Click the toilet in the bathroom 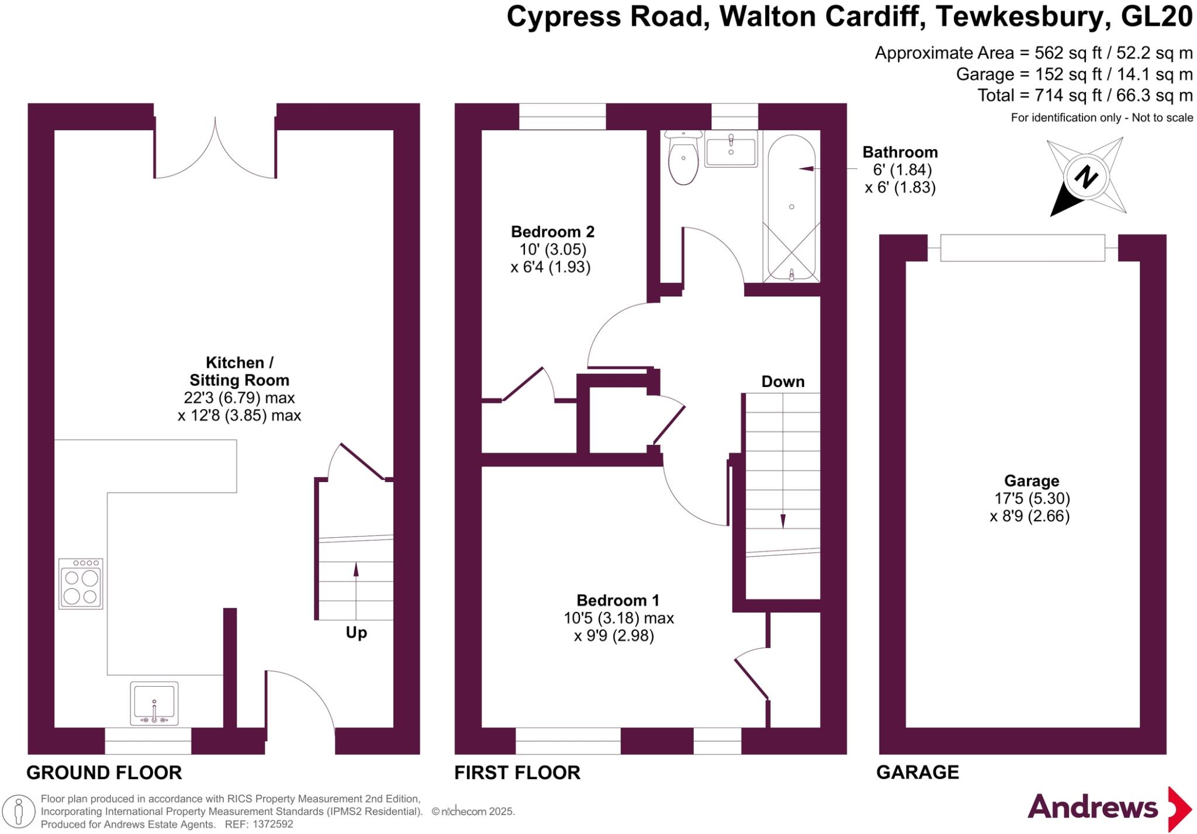click(x=683, y=158)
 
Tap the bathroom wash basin click(x=731, y=149)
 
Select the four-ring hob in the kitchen click(x=81, y=584)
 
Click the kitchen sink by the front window click(x=154, y=703)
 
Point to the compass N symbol click(x=1086, y=177)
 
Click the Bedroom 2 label click(x=552, y=232)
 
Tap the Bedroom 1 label click(x=618, y=600)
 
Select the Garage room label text click(x=1032, y=481)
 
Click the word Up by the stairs click(x=356, y=632)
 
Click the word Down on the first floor click(x=783, y=382)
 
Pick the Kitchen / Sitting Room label click(x=239, y=371)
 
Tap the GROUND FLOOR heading click(x=104, y=772)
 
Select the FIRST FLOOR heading click(x=517, y=772)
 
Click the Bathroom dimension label click(x=900, y=170)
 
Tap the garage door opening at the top click(x=1022, y=248)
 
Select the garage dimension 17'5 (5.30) click(x=1032, y=499)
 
